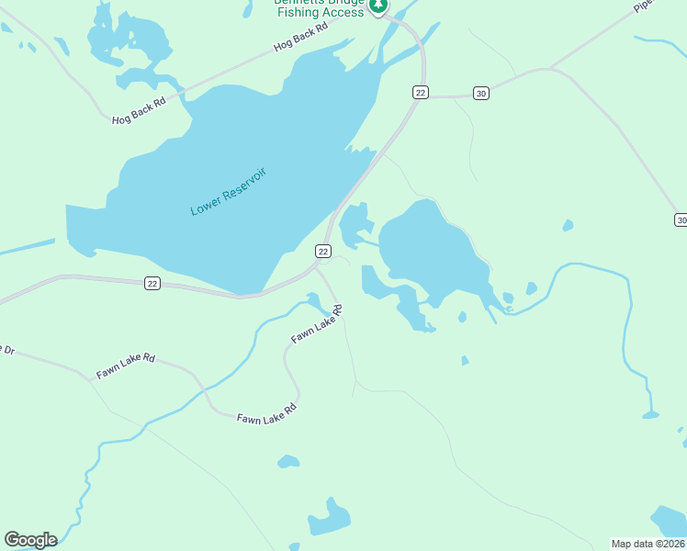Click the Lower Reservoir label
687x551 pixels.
228,192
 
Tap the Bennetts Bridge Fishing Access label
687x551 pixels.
319,7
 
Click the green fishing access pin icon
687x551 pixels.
377,6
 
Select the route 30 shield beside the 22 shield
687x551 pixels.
480,93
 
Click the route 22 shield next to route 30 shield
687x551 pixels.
420,92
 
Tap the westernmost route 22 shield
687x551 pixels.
152,284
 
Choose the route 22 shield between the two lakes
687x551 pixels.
323,251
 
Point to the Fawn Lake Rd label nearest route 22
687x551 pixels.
317,324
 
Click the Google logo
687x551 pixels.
30,540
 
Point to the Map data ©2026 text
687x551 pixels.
648,544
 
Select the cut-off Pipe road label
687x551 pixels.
646,6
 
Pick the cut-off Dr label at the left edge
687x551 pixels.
6,350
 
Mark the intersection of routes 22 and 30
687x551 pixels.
425,96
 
